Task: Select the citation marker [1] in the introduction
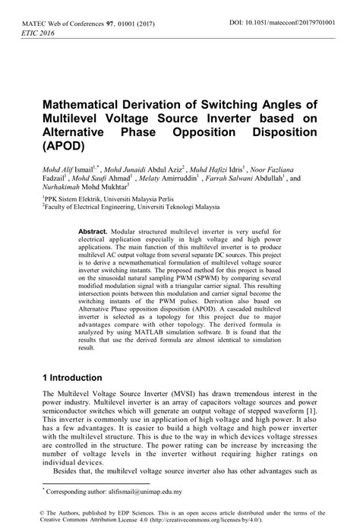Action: click(315, 410)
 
